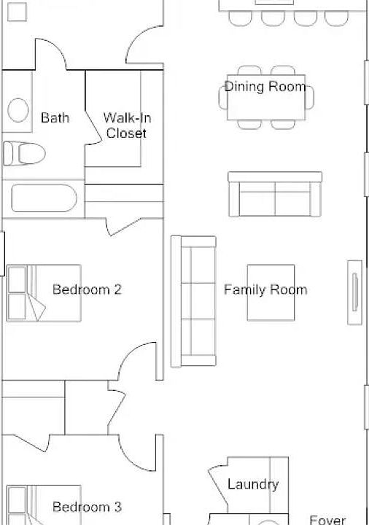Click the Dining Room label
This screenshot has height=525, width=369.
265,87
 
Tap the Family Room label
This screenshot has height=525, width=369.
265,289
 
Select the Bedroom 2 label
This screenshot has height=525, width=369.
87,289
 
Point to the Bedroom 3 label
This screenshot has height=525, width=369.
87,507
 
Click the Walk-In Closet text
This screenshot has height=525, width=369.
127,125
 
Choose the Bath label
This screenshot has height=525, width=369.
55,117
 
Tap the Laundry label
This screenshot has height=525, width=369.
252,484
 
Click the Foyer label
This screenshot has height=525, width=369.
327,519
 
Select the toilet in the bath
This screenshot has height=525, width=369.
23,153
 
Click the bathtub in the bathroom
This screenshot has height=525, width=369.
44,200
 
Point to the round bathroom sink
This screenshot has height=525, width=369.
18,111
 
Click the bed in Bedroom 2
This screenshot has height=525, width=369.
44,293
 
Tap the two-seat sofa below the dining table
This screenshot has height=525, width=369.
274,194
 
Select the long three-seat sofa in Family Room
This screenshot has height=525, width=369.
193,300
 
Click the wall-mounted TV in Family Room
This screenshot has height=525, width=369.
354,292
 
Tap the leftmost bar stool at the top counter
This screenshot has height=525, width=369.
241,18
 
